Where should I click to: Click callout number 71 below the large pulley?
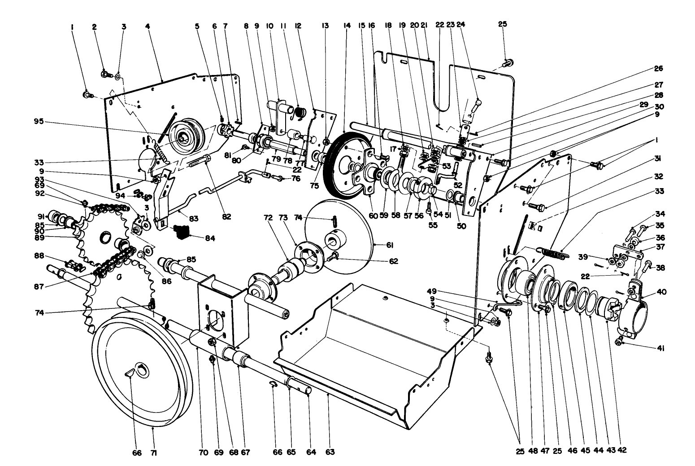pos(154,453)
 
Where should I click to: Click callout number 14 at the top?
pos(346,26)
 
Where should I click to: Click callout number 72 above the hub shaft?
pos(268,217)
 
